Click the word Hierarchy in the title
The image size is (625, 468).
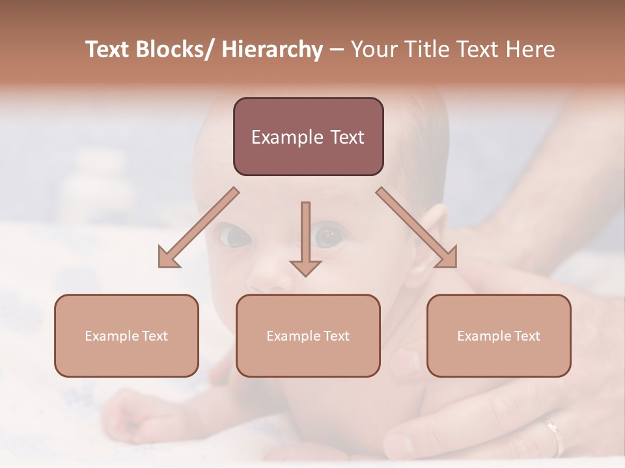click(x=272, y=49)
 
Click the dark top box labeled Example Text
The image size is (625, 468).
click(x=308, y=136)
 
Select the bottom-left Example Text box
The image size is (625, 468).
click(x=126, y=335)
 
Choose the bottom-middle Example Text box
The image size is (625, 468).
click(x=308, y=335)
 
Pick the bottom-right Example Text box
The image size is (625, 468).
click(x=499, y=335)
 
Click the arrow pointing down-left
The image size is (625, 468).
click(x=198, y=228)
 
